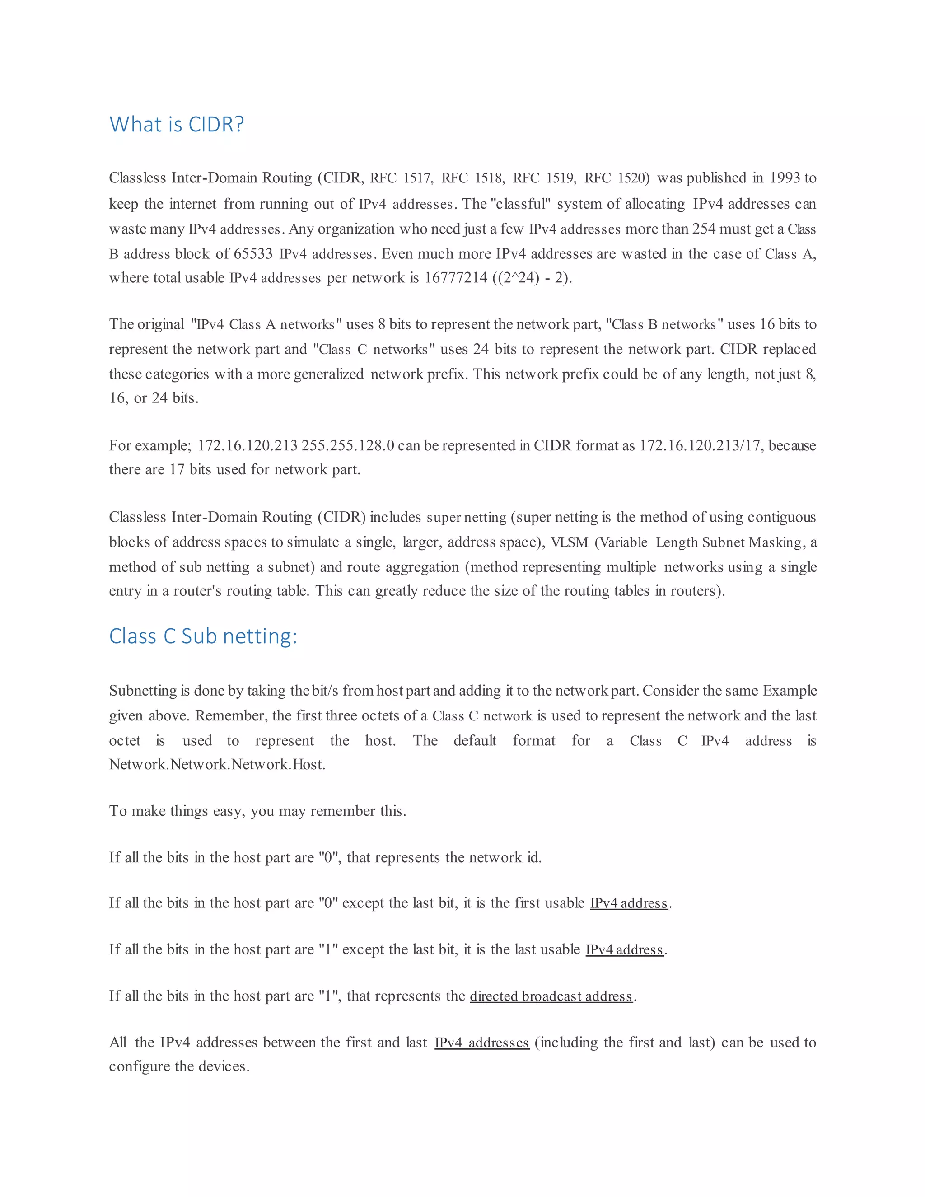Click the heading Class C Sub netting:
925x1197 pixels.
coord(203,636)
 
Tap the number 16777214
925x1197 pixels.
coord(456,278)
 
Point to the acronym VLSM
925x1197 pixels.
coord(569,542)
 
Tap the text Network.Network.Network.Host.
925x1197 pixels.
coord(217,765)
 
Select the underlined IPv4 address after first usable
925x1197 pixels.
coord(629,903)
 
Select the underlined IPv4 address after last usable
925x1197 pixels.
coord(624,950)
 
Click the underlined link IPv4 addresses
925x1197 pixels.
coord(481,1043)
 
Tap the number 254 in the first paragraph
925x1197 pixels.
coord(704,229)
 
